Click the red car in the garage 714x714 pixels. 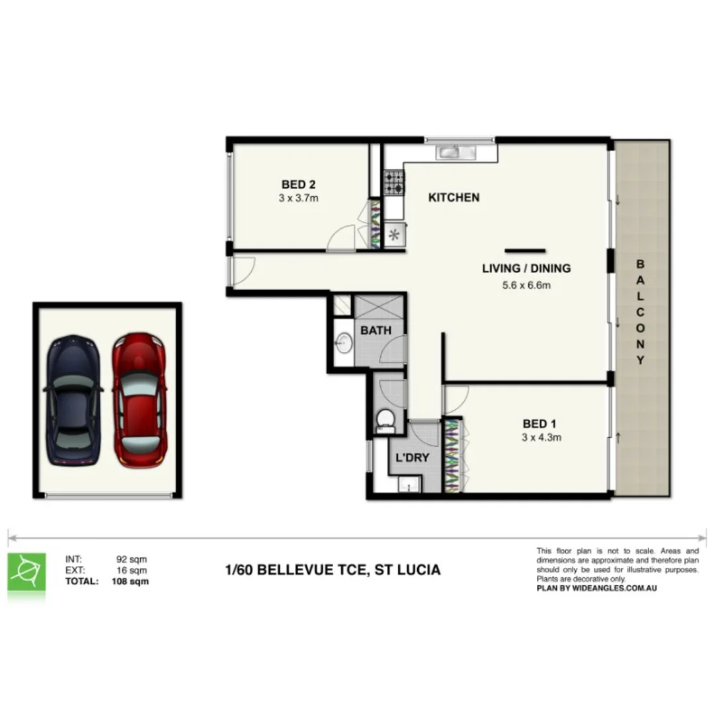click(x=139, y=400)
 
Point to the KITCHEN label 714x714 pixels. click(x=454, y=197)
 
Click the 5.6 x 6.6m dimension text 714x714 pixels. click(x=526, y=286)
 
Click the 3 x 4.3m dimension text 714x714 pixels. click(x=541, y=437)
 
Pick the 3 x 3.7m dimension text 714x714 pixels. click(x=299, y=197)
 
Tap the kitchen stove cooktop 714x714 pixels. click(x=394, y=182)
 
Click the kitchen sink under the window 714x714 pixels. click(x=456, y=153)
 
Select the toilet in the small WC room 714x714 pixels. click(x=385, y=419)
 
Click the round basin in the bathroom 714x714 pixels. click(x=342, y=342)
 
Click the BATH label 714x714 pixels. click(x=376, y=330)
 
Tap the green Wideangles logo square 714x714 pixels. click(x=26, y=572)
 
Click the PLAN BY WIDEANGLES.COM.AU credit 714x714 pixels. click(x=592, y=588)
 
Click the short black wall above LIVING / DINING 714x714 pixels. click(x=525, y=251)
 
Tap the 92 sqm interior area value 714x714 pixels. click(x=131, y=560)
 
